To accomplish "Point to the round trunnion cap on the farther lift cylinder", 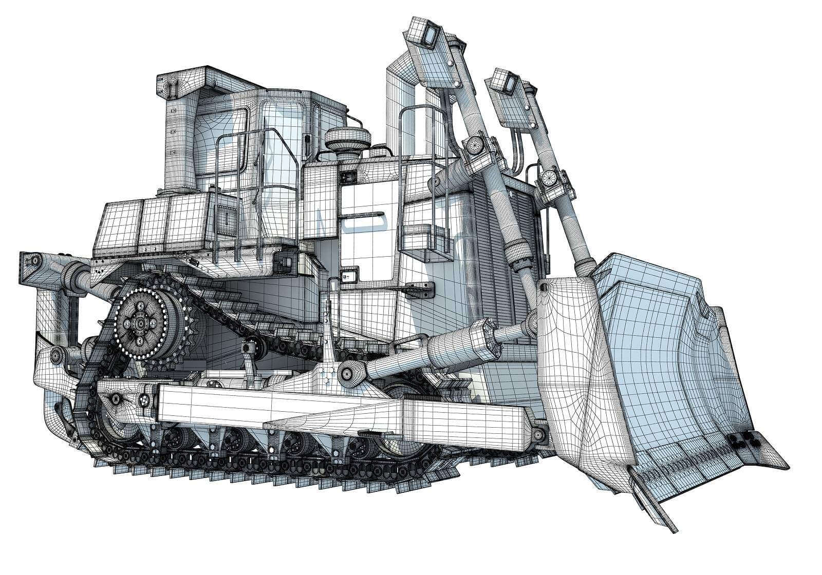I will [549, 177].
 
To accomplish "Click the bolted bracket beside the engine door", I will [421, 290].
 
